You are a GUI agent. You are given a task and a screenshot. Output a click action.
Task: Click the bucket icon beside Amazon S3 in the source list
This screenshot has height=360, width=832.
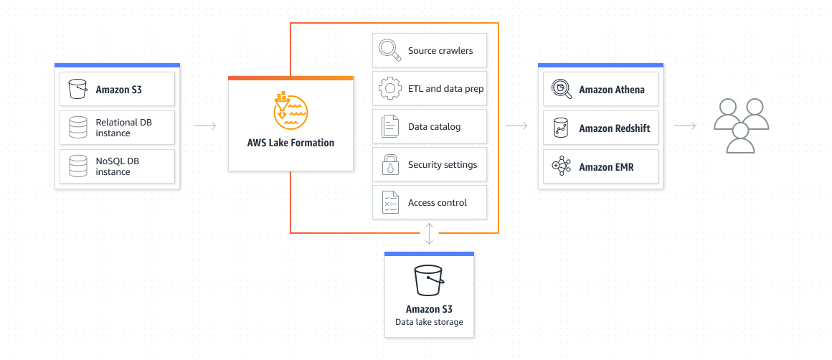77,90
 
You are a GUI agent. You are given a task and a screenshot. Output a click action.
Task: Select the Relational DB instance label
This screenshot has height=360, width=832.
123,128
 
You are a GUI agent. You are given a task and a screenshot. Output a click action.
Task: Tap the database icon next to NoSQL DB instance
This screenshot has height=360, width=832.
77,166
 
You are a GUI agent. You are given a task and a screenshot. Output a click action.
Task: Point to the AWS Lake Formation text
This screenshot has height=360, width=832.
290,143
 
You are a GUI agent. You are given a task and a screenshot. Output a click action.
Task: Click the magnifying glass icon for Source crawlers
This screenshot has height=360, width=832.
389,51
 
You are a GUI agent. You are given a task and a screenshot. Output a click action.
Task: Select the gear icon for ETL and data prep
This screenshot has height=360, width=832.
389,89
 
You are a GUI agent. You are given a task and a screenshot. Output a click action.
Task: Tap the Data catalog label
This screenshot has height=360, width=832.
434,127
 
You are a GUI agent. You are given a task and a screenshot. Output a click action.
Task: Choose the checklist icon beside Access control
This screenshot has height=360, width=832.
389,203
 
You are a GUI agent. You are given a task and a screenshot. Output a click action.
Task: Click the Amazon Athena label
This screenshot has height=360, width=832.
611,90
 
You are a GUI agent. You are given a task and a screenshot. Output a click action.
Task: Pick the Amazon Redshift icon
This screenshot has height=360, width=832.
560,128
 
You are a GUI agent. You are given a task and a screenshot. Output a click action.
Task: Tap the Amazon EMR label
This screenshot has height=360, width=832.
606,167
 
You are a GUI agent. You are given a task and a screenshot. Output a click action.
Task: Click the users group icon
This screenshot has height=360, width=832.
741,125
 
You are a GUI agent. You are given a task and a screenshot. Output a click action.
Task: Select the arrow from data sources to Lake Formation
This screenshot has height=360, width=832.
205,126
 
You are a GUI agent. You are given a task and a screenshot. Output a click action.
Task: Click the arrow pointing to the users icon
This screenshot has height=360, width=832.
685,126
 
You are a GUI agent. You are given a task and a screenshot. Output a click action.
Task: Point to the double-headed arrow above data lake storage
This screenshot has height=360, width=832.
429,234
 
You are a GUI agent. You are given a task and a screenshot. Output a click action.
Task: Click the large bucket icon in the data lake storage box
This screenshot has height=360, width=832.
429,280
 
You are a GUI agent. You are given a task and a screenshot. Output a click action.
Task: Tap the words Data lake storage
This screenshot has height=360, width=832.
429,322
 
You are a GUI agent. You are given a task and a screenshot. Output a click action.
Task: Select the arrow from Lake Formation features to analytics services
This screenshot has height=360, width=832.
516,126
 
